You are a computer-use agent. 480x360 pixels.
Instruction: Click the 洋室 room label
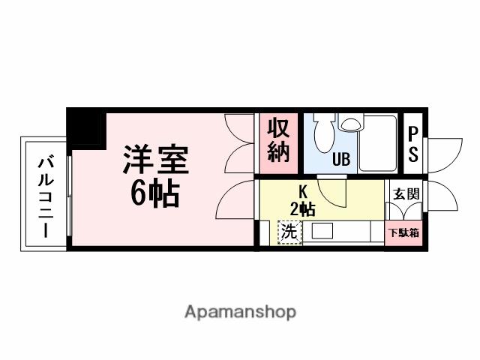[x=156, y=160]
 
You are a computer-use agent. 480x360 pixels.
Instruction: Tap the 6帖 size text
[x=156, y=195]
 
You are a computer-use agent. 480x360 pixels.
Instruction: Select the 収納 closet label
[x=278, y=141]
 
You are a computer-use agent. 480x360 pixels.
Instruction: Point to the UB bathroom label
[x=341, y=160]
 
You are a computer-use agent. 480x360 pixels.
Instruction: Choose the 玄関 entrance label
[x=406, y=193]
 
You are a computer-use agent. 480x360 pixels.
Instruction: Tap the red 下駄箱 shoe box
[x=404, y=232]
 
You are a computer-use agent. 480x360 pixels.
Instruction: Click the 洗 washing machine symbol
[x=289, y=232]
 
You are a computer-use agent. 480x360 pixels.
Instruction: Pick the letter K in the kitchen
[x=303, y=190]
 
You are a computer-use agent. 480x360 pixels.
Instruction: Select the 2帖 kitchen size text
[x=303, y=208]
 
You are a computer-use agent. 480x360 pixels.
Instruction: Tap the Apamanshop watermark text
[x=240, y=311]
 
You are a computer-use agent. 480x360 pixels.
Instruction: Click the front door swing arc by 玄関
[x=443, y=199]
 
